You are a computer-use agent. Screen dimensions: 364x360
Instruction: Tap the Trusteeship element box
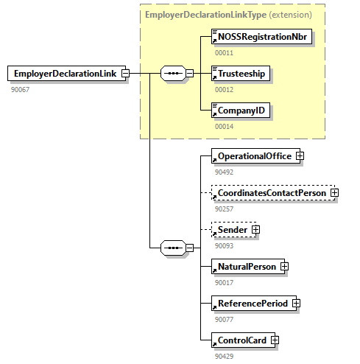[x=241, y=74]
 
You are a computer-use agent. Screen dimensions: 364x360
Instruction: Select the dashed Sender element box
[x=232, y=230]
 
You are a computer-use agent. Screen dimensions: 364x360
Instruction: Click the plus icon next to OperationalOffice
[x=300, y=156]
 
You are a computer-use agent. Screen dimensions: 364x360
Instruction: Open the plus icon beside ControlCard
[x=275, y=340]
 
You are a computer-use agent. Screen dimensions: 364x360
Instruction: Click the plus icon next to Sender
[x=255, y=230]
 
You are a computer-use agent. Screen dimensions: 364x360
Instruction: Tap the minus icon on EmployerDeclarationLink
[x=125, y=74]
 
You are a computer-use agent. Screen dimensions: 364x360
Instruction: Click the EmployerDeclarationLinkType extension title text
[x=228, y=14]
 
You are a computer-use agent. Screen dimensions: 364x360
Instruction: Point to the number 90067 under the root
[x=20, y=89]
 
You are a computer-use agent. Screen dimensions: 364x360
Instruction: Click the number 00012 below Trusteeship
[x=224, y=89]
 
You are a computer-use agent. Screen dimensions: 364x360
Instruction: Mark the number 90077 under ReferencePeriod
[x=224, y=319]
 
